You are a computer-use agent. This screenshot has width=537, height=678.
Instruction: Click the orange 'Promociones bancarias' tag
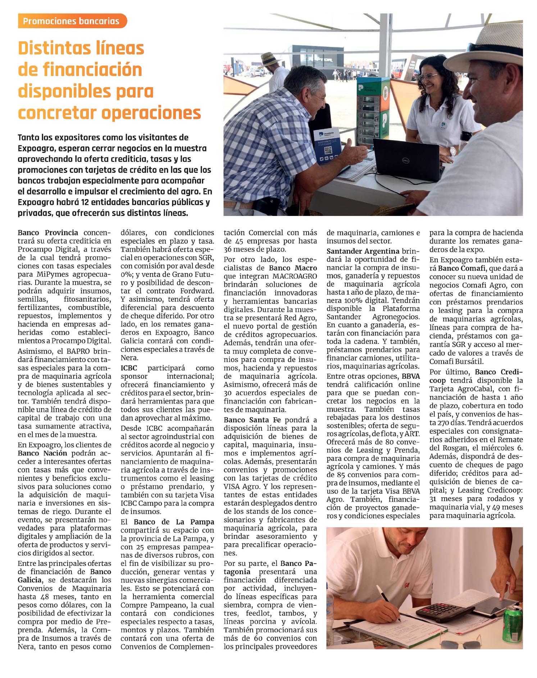click(72, 21)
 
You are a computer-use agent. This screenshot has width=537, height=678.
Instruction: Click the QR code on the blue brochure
click(328, 151)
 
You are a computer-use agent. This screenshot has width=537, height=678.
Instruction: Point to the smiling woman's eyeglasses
click(428, 76)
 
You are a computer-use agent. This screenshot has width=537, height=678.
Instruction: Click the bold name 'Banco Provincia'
click(48, 233)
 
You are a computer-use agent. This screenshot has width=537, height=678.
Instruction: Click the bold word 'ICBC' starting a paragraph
click(129, 368)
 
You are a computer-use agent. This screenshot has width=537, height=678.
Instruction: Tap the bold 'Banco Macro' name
click(293, 268)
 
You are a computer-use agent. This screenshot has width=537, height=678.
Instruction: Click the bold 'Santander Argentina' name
click(363, 251)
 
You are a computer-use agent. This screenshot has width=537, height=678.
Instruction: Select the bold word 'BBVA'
click(411, 376)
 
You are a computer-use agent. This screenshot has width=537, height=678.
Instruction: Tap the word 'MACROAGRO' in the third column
click(295, 276)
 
